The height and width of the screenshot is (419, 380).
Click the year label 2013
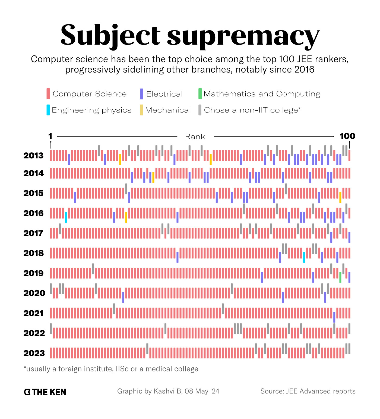[x=33, y=156]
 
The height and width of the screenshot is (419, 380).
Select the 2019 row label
[x=33, y=273]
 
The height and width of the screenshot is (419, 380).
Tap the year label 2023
[x=34, y=353]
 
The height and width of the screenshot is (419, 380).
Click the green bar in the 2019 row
[x=340, y=277]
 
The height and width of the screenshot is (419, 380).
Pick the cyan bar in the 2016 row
[x=66, y=217]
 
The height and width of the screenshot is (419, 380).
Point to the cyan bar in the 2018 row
[x=304, y=257]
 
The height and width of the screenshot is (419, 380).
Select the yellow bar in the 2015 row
[x=340, y=197]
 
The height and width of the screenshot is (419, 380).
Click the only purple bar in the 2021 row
[x=334, y=317]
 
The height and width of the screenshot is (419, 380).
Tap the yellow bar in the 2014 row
[x=153, y=177]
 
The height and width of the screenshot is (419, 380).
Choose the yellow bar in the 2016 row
[x=126, y=217]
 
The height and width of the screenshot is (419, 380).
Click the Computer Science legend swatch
[x=48, y=94]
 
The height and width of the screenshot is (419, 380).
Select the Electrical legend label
[x=164, y=94]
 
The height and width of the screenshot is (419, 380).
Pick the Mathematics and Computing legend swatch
[x=200, y=94]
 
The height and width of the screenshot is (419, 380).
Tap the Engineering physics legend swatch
[x=48, y=110]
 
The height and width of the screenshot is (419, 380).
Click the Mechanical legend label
[x=168, y=110]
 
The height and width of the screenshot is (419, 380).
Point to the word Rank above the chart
[x=195, y=137]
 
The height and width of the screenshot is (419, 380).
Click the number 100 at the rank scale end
[x=347, y=136]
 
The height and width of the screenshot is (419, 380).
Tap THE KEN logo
[x=45, y=392]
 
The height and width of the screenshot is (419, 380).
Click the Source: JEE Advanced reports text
[x=308, y=391]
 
